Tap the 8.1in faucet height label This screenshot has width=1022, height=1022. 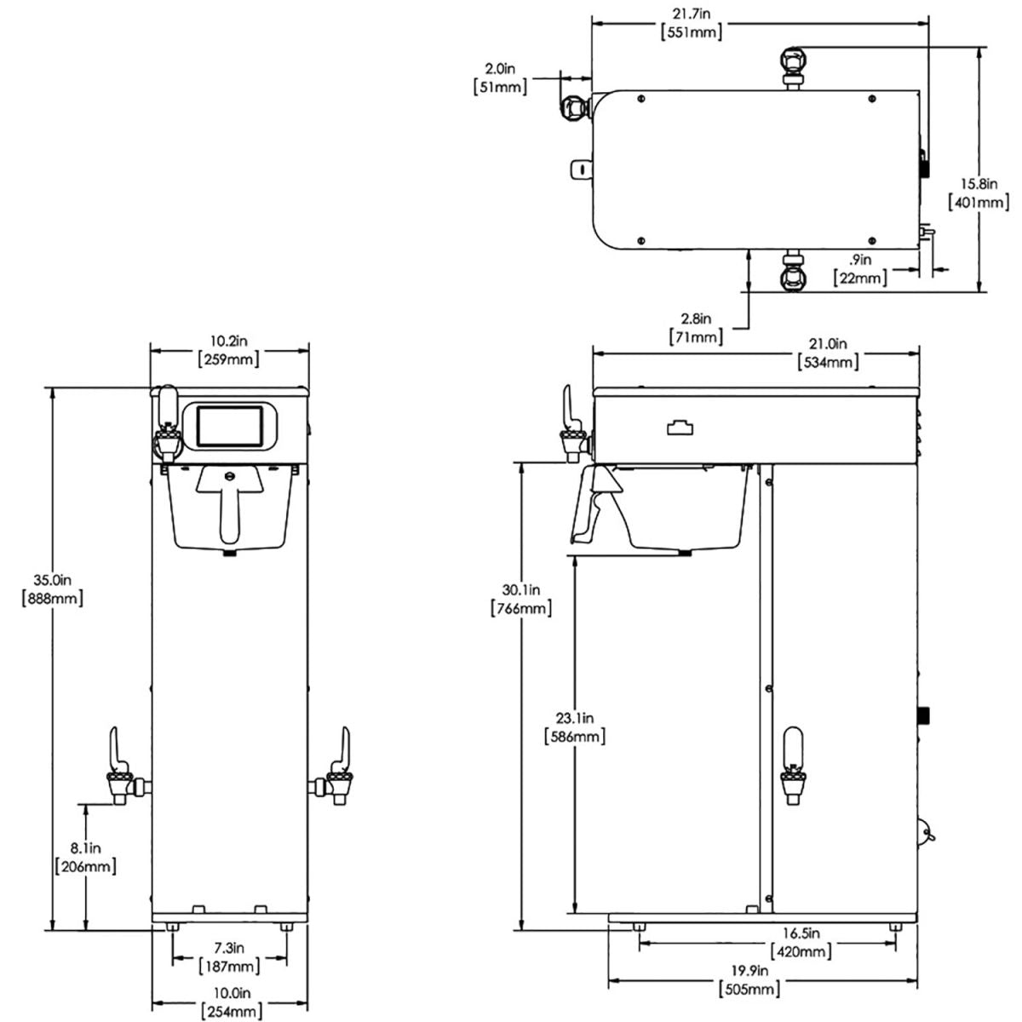[x=85, y=858]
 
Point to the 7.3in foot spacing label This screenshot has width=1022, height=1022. [x=229, y=956]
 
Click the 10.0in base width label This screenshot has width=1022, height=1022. [x=229, y=1002]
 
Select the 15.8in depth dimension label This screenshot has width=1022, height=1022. [x=979, y=192]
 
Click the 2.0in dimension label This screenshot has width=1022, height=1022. [x=500, y=77]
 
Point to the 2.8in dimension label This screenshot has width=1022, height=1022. [x=696, y=328]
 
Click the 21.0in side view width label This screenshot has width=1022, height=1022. [x=828, y=353]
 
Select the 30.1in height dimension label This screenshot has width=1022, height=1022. [x=521, y=599]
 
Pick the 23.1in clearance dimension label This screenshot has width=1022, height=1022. [x=574, y=726]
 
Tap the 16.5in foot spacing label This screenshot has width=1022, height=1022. [x=801, y=942]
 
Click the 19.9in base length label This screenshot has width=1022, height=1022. [x=749, y=979]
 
